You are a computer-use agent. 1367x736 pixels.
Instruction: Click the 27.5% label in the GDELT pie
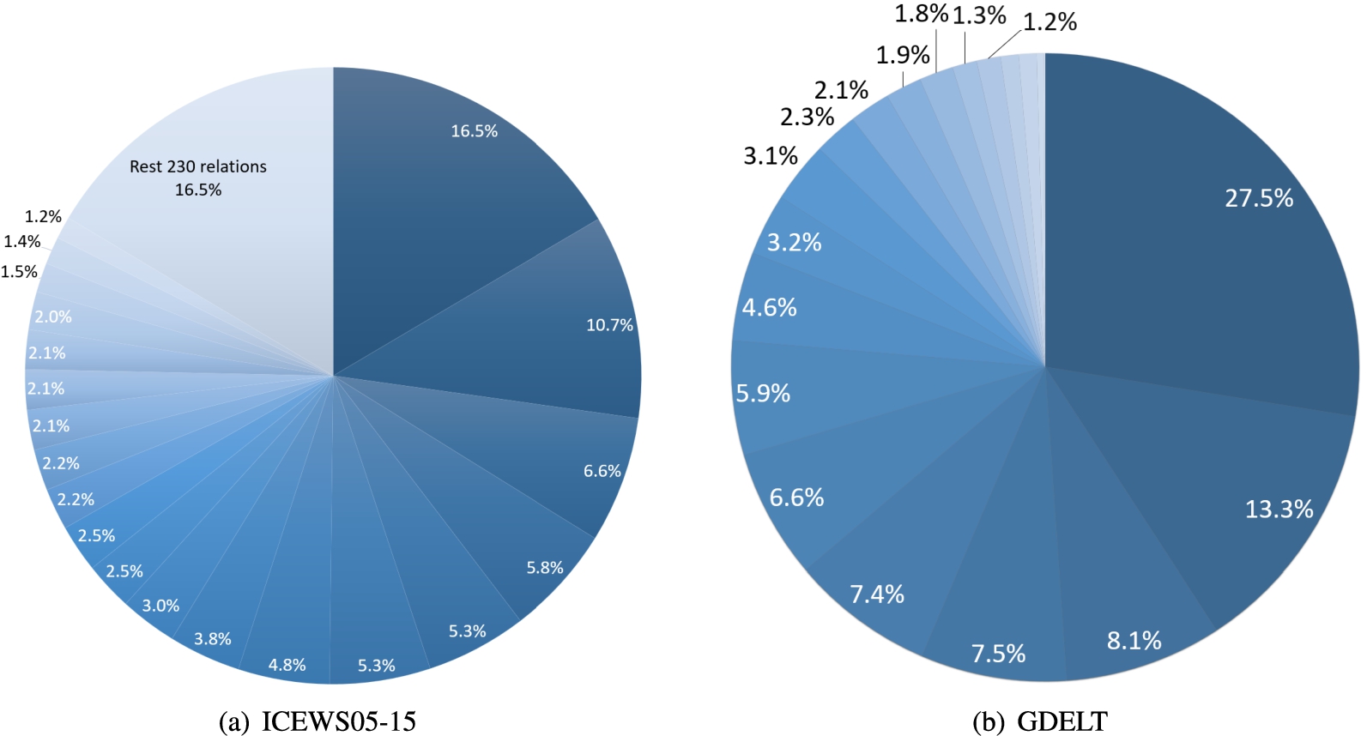(1258, 198)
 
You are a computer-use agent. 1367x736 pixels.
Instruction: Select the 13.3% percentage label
(1279, 510)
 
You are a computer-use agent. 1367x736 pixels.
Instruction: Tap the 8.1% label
(1134, 641)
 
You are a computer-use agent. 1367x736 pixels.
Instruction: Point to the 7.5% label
(998, 655)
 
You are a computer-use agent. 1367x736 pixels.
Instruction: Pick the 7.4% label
(877, 594)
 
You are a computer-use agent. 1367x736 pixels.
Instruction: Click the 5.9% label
(763, 394)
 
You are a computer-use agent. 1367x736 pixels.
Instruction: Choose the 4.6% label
(769, 307)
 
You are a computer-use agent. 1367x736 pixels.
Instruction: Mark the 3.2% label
(794, 243)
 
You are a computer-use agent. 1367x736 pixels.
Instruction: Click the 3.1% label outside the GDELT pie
(770, 156)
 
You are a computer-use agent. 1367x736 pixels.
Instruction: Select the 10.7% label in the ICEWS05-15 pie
(609, 325)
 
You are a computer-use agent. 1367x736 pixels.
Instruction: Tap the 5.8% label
(545, 568)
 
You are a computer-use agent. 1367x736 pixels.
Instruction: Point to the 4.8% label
(287, 665)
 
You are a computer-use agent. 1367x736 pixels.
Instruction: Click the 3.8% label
(212, 639)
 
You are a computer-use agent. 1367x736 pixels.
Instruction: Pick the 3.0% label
(160, 606)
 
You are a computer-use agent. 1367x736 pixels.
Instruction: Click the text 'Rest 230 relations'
(198, 166)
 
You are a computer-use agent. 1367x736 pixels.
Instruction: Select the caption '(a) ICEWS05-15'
(318, 721)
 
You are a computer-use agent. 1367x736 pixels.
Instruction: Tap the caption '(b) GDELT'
(1039, 721)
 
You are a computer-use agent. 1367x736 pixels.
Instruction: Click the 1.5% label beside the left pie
(19, 272)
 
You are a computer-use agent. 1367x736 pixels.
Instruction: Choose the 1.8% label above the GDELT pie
(921, 14)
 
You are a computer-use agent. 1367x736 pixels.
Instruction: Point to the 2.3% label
(807, 117)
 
